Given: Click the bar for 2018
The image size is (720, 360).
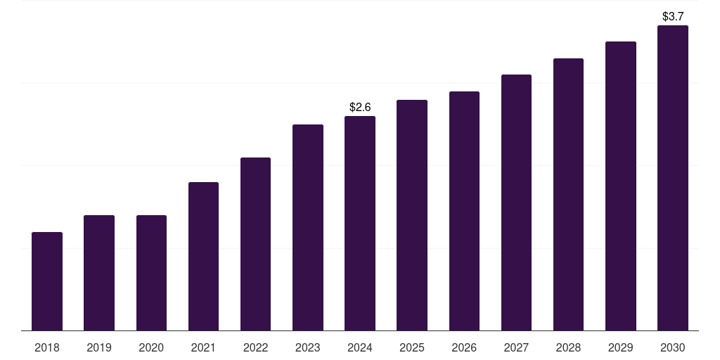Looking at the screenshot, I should pos(47,281).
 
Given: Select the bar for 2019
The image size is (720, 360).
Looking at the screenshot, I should pos(99,273).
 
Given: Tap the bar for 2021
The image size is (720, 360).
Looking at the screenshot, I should pos(203,257).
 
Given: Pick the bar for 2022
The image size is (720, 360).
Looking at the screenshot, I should pos(255,244).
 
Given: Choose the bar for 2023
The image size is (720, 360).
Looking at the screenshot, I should pos(308,228).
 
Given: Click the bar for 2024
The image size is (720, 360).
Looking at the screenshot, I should pos(360,224).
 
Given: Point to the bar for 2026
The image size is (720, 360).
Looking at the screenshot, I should pos(464,211).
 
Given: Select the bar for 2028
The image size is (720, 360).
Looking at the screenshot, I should pos(568,195).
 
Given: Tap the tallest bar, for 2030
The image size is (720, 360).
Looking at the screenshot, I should pos(672,178).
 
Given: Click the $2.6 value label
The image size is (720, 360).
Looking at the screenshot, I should pos(360,107).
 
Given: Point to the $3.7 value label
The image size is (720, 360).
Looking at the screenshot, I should pos(673,16).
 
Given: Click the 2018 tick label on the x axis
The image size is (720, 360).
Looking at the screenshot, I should pos(47,347).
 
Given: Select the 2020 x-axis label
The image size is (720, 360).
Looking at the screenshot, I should pos(151,347).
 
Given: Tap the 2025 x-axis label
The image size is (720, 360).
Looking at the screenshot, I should pos(412,347).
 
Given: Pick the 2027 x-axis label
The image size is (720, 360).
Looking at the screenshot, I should pos(516,347).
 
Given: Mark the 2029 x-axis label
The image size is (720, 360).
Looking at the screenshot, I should pos(620,347).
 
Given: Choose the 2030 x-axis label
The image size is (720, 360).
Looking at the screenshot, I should pos(672,347).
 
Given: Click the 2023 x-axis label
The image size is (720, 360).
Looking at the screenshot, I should pos(308,347).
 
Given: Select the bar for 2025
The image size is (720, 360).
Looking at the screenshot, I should pos(412,215).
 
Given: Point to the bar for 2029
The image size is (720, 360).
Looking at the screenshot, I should pos(620,186).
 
